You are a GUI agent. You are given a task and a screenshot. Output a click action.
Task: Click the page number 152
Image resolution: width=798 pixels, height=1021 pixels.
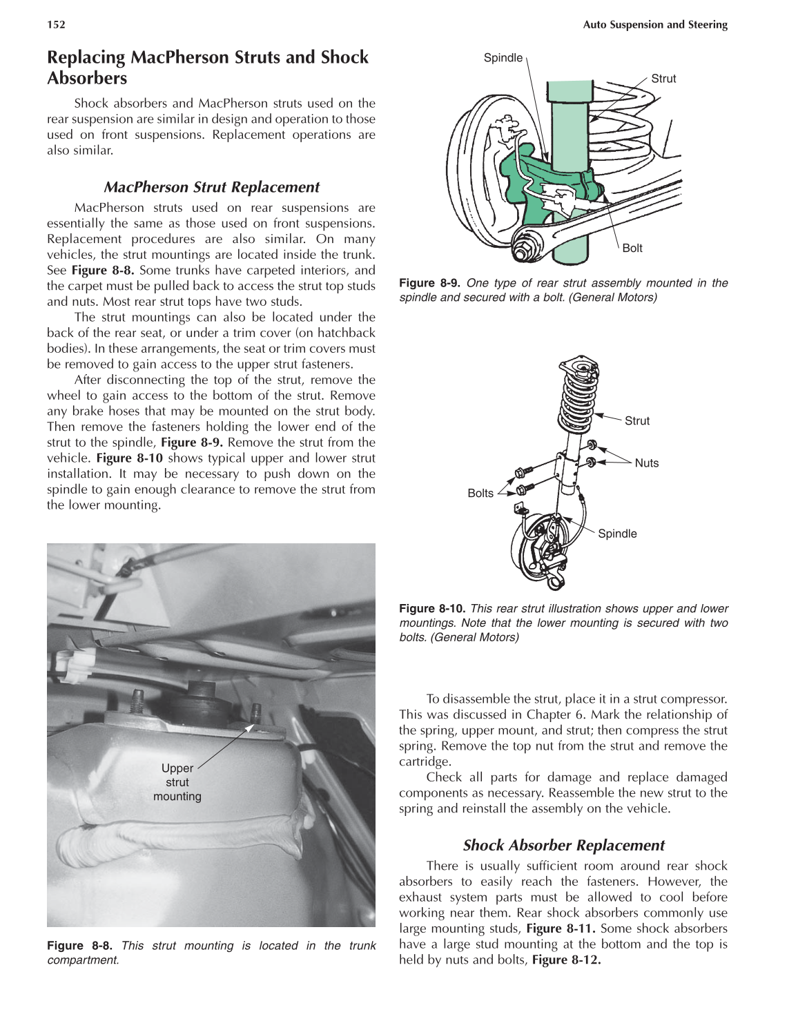coord(56,25)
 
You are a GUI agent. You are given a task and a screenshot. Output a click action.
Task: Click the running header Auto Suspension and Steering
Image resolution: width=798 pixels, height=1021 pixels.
coord(654,25)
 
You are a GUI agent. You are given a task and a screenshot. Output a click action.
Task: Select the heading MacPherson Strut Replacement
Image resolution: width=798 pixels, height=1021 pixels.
coord(211,187)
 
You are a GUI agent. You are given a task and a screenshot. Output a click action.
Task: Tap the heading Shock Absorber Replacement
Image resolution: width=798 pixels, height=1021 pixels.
coord(563,845)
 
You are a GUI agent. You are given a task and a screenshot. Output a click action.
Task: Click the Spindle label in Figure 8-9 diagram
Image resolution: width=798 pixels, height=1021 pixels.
coord(503,58)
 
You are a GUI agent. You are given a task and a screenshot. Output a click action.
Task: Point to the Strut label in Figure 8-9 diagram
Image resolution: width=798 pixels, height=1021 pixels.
coord(663,79)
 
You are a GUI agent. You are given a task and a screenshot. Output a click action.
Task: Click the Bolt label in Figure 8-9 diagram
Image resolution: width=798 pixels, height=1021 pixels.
coord(632,248)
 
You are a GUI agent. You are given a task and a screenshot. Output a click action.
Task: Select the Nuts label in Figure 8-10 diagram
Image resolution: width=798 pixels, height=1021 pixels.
coord(646,463)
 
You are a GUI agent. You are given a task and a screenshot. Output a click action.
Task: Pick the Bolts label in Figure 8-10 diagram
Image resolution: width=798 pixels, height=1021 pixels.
coord(480,493)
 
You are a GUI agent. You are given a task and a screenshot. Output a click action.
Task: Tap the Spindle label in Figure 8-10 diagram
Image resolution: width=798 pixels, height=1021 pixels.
coord(617,534)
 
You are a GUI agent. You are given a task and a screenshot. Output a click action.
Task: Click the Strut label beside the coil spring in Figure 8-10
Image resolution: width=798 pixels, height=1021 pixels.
coord(636,421)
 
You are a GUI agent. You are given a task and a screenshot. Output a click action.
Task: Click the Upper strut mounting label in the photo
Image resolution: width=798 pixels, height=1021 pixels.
coord(177,782)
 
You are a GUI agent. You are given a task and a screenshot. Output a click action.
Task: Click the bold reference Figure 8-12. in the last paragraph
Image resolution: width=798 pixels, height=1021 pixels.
coord(566,960)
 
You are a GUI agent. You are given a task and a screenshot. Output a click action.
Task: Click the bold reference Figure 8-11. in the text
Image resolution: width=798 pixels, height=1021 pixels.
coord(561,928)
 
